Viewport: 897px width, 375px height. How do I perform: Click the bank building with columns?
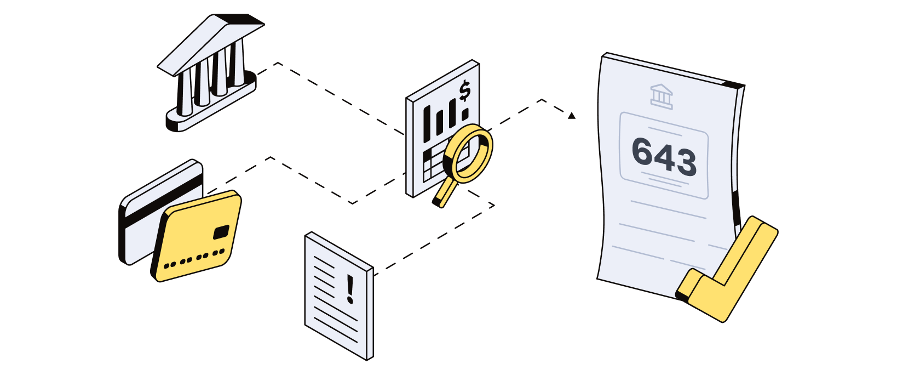point(211,77)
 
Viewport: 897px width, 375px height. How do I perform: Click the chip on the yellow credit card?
point(221,232)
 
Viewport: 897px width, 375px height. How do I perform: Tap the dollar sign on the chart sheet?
point(464,91)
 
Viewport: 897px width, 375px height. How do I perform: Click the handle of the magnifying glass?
point(445,192)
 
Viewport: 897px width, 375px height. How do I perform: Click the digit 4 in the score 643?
point(664,158)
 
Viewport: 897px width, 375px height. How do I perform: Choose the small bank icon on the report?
point(661,96)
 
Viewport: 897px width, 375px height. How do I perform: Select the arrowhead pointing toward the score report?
point(572,116)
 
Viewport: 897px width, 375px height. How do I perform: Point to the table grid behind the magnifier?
point(435,162)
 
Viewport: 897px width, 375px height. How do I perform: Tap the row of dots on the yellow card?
point(194,258)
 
